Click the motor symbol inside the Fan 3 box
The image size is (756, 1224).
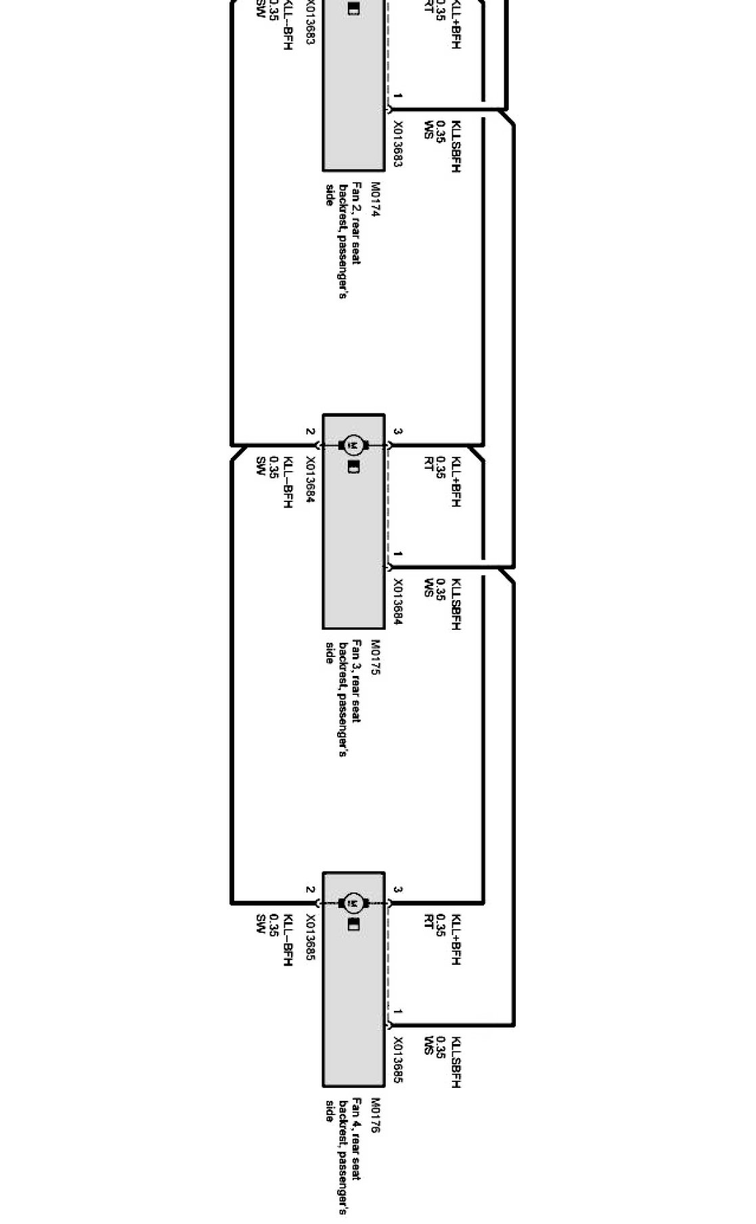[x=353, y=445]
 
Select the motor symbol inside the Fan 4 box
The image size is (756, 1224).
[x=353, y=903]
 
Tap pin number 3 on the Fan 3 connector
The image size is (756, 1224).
[x=398, y=432]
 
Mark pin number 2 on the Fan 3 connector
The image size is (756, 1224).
[x=309, y=432]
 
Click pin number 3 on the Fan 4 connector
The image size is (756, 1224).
[x=398, y=890]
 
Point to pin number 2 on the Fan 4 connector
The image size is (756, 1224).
[x=309, y=890]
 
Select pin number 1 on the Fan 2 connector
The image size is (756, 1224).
[x=398, y=97]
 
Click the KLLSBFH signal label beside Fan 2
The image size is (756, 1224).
[x=456, y=147]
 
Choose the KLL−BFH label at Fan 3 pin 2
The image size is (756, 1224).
[x=288, y=482]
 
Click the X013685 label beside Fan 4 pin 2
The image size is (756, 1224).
[x=309, y=940]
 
